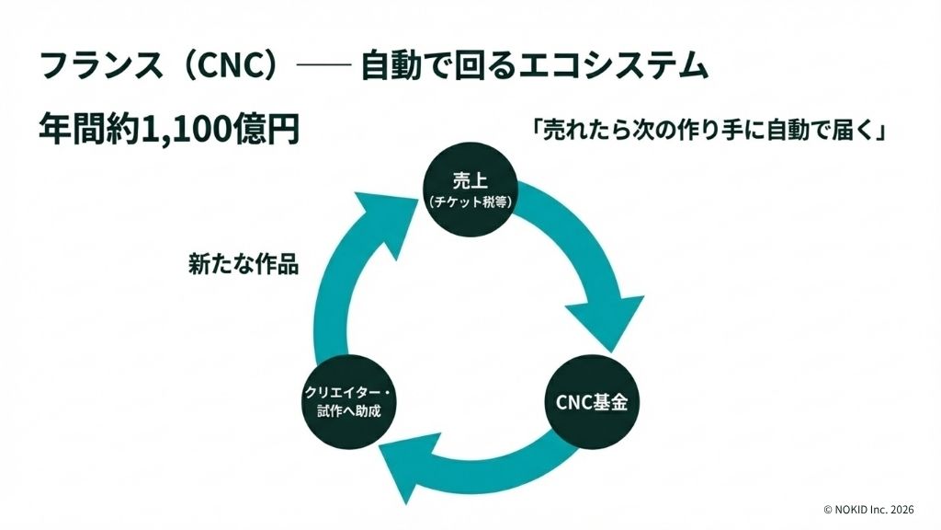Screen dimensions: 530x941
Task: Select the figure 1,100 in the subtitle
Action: tap(183, 129)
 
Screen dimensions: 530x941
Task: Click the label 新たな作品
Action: tap(244, 264)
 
